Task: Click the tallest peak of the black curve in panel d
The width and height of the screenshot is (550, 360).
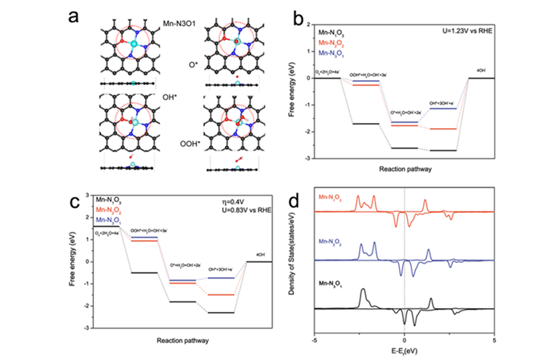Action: coord(363,290)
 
